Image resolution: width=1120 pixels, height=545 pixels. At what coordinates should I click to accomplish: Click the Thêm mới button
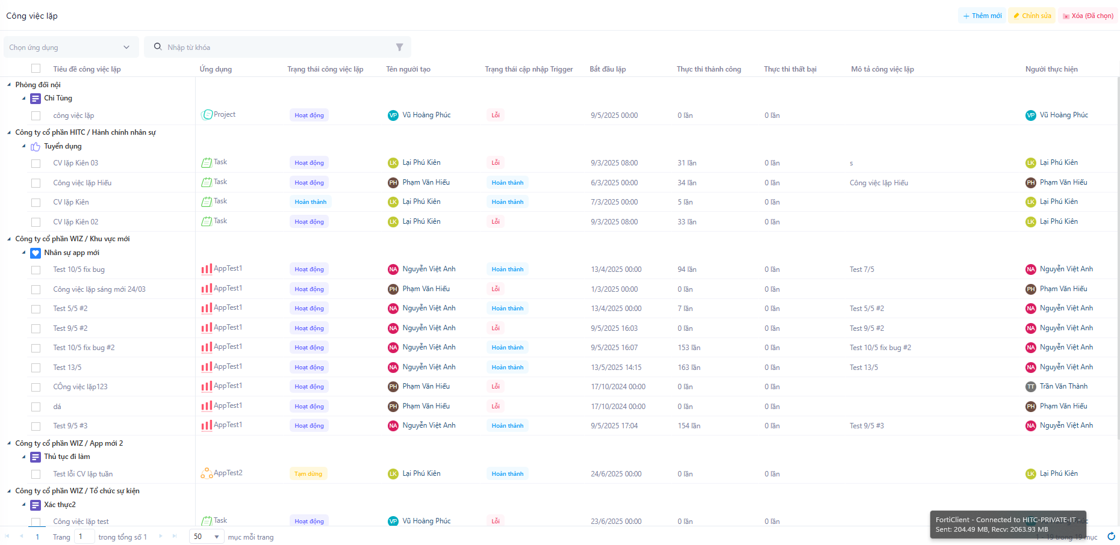pyautogui.click(x=982, y=16)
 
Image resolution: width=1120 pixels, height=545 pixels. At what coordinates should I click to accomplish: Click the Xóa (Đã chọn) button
pyautogui.click(x=1088, y=16)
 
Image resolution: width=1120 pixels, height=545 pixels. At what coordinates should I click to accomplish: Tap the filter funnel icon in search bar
pyautogui.click(x=399, y=48)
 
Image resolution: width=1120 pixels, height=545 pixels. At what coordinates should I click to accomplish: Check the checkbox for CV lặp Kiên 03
pyautogui.click(x=36, y=163)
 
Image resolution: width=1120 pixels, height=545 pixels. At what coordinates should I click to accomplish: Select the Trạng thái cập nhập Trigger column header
pyautogui.click(x=529, y=69)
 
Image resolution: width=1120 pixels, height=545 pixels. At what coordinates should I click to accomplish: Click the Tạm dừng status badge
pyautogui.click(x=308, y=474)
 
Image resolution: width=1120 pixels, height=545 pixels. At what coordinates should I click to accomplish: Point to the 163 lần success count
pyautogui.click(x=686, y=368)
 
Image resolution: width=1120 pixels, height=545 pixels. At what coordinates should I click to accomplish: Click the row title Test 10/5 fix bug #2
pyautogui.click(x=84, y=348)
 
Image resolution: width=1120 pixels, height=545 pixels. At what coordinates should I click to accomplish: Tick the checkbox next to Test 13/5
pyautogui.click(x=36, y=368)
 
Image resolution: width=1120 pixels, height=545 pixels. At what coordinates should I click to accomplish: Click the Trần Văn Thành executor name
pyautogui.click(x=1063, y=387)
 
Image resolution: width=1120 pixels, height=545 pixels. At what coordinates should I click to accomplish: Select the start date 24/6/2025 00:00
pyautogui.click(x=616, y=474)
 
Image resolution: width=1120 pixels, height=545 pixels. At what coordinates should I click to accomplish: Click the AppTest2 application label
pyautogui.click(x=228, y=473)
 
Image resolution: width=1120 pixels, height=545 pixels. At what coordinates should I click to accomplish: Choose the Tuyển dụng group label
pyautogui.click(x=63, y=146)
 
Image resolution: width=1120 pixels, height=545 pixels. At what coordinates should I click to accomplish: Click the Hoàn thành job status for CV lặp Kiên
pyautogui.click(x=311, y=202)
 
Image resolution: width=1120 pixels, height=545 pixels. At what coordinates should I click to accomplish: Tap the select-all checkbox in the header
pyautogui.click(x=36, y=69)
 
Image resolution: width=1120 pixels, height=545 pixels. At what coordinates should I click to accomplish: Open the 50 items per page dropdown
pyautogui.click(x=207, y=537)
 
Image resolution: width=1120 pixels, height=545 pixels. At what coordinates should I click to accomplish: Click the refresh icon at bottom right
pyautogui.click(x=1111, y=537)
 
